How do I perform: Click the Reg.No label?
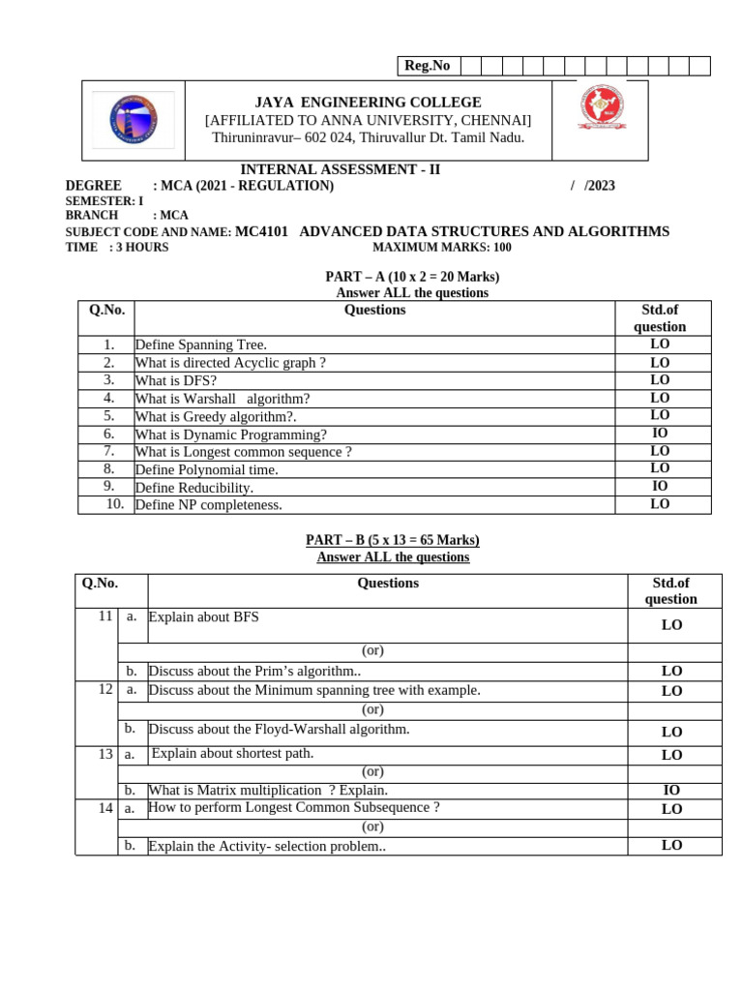pos(427,66)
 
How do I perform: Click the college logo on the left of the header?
pos(133,120)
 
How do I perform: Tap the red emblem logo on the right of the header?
pos(601,108)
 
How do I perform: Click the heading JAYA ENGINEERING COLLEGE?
pos(368,103)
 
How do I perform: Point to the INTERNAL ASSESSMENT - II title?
pos(340,169)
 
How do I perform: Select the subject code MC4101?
pos(261,231)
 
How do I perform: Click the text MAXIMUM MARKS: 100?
pos(442,247)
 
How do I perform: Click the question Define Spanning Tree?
pos(201,345)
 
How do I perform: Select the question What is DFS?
pos(176,380)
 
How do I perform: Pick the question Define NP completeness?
pos(209,504)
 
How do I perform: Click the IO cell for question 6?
pos(660,434)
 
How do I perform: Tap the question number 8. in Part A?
pos(109,468)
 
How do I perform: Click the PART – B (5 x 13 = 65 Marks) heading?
pos(393,540)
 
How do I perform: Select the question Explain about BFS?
pos(204,616)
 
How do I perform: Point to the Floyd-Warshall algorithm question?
pos(280,729)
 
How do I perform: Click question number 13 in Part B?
pos(105,753)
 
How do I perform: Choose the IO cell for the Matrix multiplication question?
pos(671,790)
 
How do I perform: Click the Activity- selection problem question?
pos(267,846)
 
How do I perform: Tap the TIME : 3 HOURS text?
pos(117,247)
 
